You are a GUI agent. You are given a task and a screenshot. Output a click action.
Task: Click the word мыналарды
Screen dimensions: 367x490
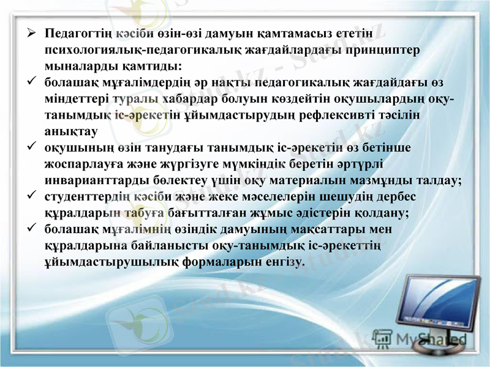74,64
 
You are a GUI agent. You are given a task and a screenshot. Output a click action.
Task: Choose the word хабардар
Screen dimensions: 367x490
192,98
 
